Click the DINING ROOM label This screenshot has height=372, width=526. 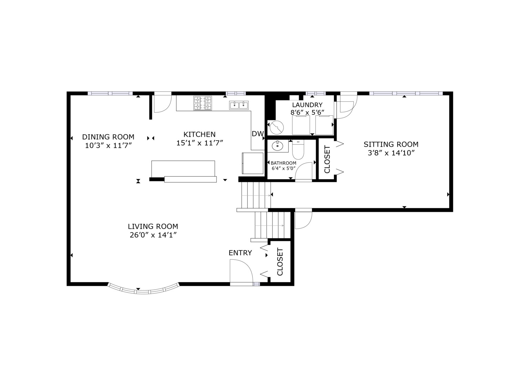tap(108, 137)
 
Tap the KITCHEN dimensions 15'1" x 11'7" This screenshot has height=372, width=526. tap(200, 143)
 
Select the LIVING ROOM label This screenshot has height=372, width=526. tap(153, 227)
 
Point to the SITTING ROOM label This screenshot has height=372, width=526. tap(391, 145)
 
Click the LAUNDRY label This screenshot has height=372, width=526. tap(307, 105)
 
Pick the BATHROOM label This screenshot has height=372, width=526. tap(283, 163)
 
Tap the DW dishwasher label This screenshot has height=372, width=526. tap(257, 134)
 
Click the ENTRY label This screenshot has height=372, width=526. tap(240, 253)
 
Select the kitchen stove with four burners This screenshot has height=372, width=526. tap(203, 103)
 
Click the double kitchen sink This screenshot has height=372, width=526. tap(239, 105)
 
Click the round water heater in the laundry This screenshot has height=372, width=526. tap(276, 128)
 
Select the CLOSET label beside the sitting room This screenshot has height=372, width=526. tap(327, 159)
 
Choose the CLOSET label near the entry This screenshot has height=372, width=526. tap(280, 262)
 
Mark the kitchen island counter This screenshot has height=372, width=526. tap(183, 168)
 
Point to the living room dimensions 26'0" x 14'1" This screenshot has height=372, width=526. tap(153, 235)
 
